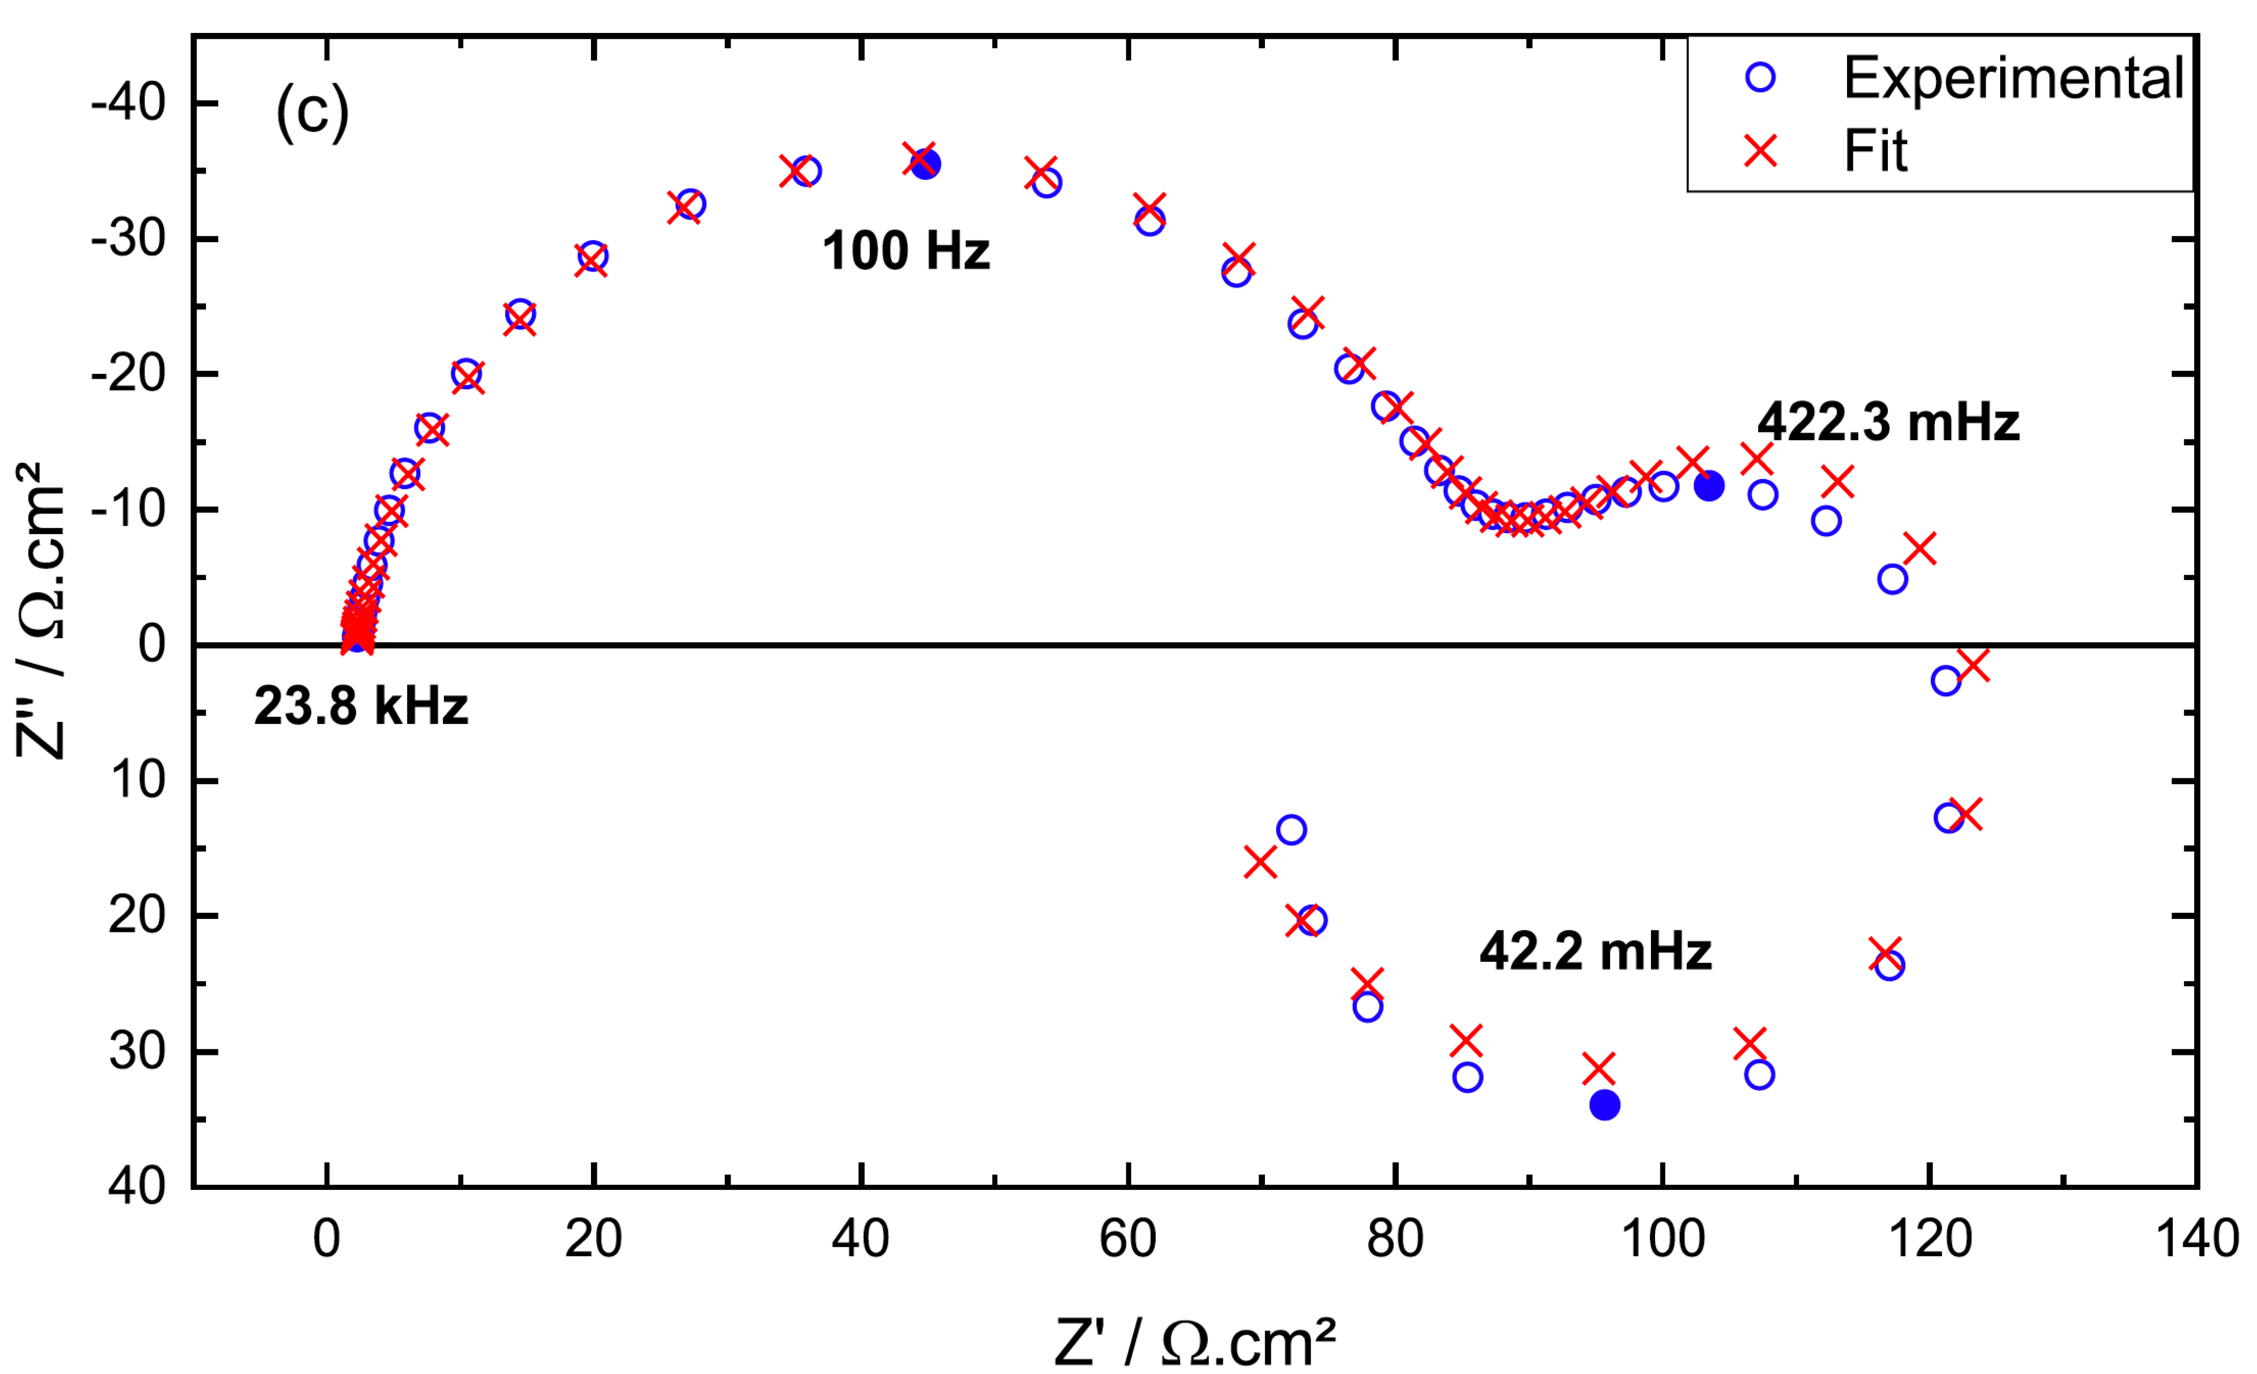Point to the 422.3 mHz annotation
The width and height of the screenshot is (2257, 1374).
click(1888, 422)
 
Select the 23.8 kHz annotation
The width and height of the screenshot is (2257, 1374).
click(361, 706)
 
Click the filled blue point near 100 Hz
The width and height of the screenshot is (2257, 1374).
click(925, 164)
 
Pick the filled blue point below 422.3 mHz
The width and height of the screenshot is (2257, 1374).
click(1708, 485)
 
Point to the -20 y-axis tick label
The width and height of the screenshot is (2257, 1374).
click(128, 374)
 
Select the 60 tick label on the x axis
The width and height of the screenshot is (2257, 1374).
click(1127, 1239)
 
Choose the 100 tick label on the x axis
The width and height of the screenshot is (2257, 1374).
click(1662, 1239)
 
